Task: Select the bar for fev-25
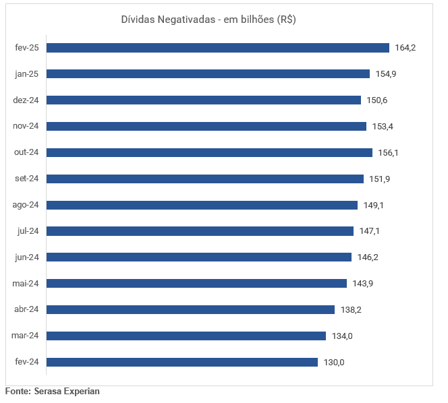tap(218, 48)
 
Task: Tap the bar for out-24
tap(209, 152)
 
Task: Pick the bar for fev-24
tap(182, 362)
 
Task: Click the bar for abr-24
tap(190, 309)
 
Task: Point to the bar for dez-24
tap(204, 100)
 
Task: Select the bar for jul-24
tap(200, 231)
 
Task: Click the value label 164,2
tap(405, 48)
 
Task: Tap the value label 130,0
tap(334, 362)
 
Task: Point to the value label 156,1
tap(388, 152)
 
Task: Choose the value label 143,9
tap(362, 283)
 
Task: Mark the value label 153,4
tap(382, 126)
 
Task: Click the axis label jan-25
tap(27, 73)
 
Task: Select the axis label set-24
tap(27, 179)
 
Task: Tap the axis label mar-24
tap(26, 336)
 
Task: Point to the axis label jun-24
tap(27, 257)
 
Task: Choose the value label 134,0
tap(343, 336)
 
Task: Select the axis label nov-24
tap(26, 126)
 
